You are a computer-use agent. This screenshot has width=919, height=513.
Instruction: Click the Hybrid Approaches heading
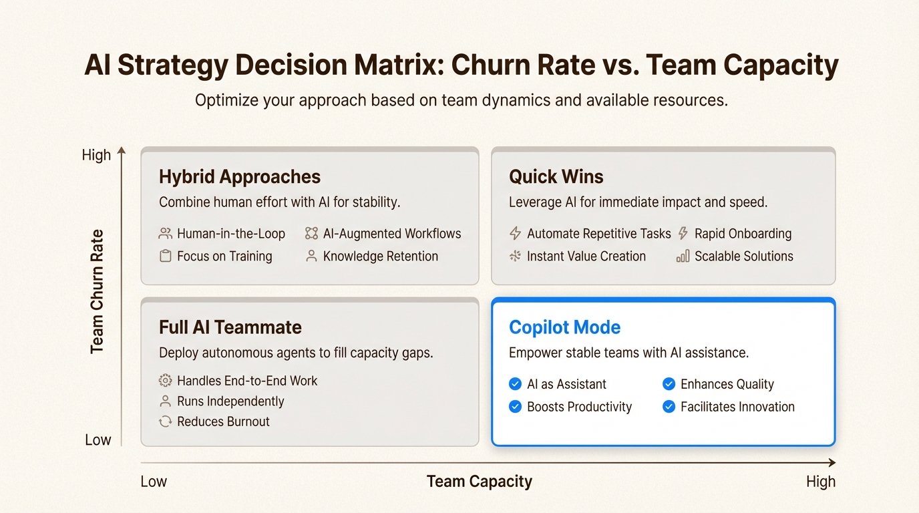pos(240,177)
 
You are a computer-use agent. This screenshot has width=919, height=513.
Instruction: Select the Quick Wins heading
pos(556,177)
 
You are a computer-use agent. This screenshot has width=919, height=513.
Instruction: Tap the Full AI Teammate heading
pos(230,327)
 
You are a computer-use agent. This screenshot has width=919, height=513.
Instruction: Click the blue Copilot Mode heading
pos(564,327)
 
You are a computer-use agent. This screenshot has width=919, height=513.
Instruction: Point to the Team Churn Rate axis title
pos(97,291)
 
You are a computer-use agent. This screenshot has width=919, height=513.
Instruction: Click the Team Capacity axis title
pos(479,482)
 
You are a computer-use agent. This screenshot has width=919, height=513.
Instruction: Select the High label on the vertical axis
pos(96,155)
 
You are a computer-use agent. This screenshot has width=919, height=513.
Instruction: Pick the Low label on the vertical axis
pos(98,440)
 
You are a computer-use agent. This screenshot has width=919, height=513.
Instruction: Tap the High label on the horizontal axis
pos(821,482)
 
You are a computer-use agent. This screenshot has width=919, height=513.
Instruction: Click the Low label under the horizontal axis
pos(154,482)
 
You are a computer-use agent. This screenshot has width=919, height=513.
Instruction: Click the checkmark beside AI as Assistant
pos(516,384)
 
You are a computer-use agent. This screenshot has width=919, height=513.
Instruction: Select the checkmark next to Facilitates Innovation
pos(669,407)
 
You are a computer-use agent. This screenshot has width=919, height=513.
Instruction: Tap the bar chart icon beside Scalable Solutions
pos(683,256)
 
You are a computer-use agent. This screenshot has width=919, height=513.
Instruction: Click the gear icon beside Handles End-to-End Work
pos(166,381)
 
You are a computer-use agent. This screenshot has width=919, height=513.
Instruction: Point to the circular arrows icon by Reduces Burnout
pos(166,421)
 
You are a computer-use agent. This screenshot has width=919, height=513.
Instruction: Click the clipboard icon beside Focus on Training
pos(166,256)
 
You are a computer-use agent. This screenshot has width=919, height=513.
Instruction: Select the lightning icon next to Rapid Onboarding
pos(683,234)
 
